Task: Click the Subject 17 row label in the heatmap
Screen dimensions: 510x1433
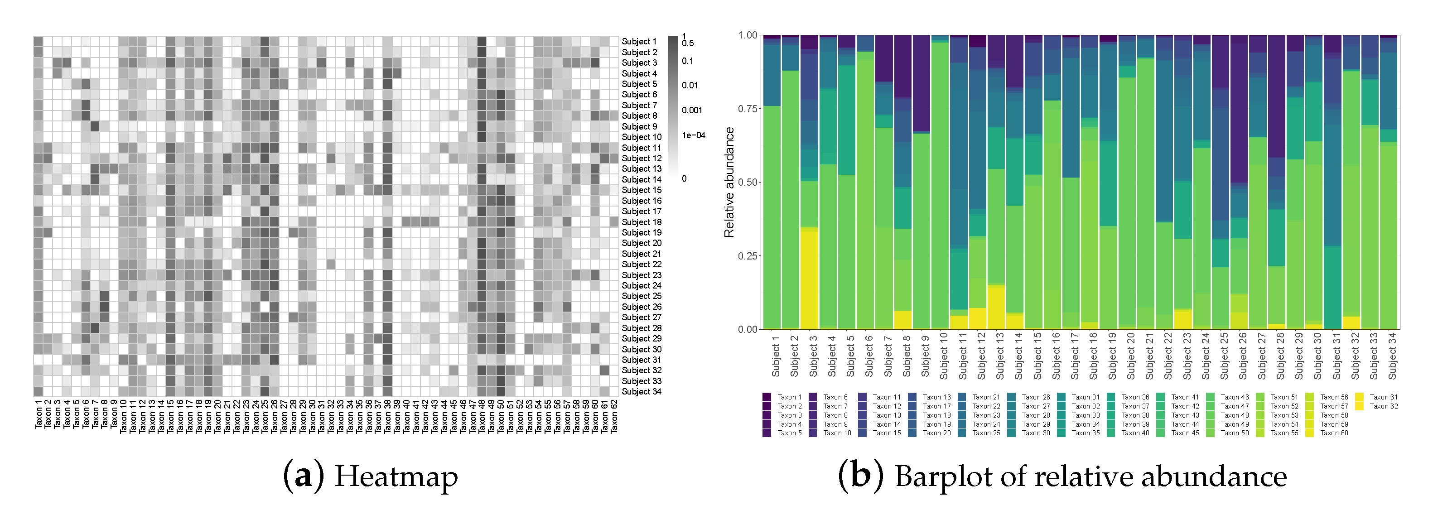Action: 641,212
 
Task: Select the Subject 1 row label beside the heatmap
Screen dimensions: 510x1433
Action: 639,42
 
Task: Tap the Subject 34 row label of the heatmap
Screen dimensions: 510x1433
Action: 641,391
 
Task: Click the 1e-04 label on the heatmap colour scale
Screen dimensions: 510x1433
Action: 693,135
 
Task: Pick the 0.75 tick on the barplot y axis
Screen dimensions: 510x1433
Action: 747,108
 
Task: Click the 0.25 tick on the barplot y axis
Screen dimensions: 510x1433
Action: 747,256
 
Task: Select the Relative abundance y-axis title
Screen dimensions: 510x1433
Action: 729,183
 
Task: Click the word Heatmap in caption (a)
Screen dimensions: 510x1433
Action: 396,476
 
